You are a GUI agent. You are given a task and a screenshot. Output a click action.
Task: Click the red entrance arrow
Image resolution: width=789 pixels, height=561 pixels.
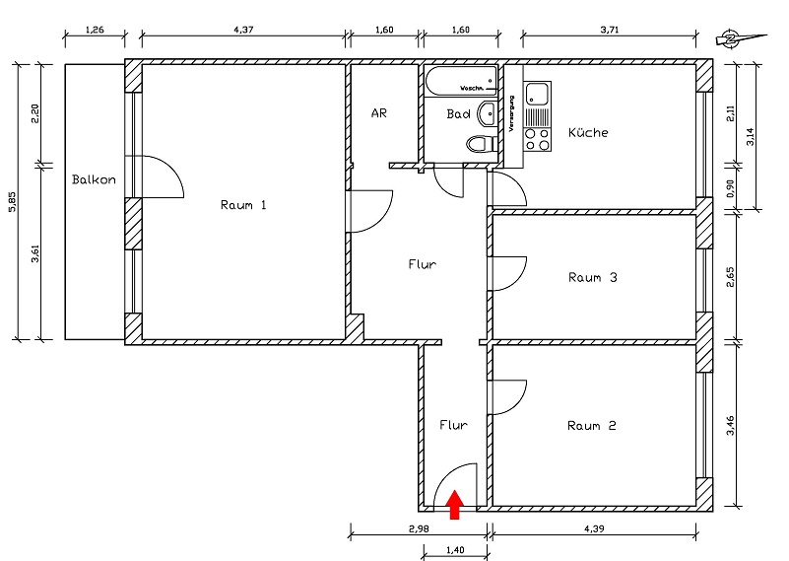point(454,504)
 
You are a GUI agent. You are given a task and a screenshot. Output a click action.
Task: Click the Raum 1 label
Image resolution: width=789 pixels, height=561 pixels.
point(243,205)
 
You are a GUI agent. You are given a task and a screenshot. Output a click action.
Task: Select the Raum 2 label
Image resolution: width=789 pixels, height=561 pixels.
point(591,426)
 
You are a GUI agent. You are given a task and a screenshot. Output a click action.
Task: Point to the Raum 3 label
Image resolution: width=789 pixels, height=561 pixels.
point(592,277)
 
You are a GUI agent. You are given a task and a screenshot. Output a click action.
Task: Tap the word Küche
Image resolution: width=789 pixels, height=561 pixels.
point(587,132)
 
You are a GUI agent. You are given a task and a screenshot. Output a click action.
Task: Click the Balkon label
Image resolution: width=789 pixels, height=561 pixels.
point(95,179)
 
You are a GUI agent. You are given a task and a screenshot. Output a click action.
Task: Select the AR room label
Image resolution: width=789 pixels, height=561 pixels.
point(378,112)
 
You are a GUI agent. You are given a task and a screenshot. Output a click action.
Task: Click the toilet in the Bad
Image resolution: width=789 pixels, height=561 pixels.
point(479,145)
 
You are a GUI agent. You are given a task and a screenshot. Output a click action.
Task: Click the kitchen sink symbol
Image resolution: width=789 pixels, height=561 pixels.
point(537,96)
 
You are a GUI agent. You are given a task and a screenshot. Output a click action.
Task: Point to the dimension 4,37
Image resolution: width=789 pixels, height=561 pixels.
point(242,30)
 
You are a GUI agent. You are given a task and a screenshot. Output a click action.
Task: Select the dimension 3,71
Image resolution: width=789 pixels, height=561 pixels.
point(611,30)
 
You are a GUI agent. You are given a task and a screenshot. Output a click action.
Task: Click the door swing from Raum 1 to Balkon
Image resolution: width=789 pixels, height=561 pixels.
point(164,175)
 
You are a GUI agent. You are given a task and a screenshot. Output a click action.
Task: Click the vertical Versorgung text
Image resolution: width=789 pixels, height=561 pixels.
point(512,113)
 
